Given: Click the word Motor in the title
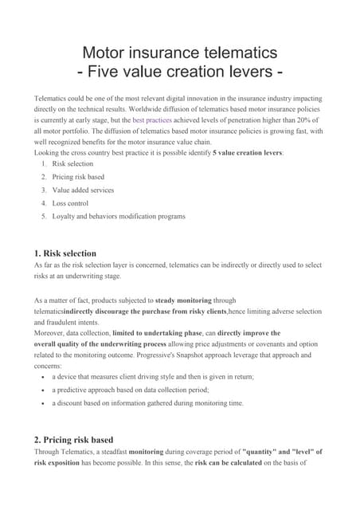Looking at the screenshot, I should coord(109,53).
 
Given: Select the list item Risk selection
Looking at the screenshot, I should coord(72,163).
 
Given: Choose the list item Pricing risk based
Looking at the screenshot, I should coord(78,177).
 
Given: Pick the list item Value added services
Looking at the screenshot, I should coord(83,190).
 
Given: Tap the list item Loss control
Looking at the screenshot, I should coord(71,203).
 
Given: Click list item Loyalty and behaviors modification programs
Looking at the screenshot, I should coord(119,216).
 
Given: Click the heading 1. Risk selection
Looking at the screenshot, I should coord(66,253).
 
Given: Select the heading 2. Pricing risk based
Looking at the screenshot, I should coord(74,439).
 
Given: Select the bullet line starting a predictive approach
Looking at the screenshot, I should coord(130,389).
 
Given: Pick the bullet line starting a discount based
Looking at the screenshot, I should coord(147,402).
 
